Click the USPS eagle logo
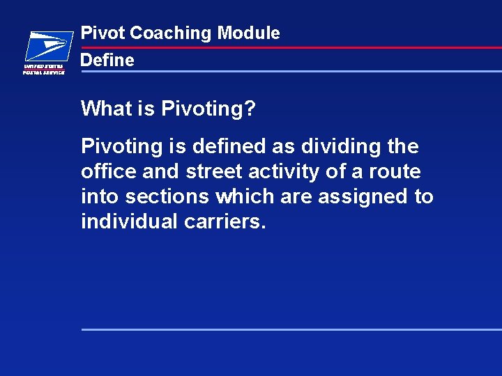[48, 47]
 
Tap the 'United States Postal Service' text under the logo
[44, 70]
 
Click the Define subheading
[107, 61]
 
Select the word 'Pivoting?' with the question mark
[208, 109]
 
